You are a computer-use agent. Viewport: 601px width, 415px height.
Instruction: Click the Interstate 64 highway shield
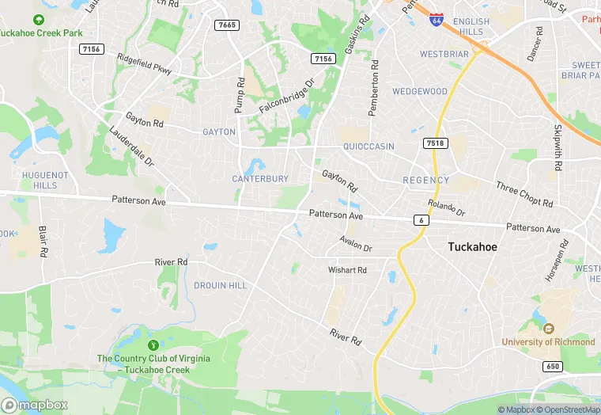(436, 19)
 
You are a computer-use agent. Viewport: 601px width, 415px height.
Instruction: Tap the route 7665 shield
(226, 25)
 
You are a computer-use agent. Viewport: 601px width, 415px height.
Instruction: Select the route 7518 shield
(435, 143)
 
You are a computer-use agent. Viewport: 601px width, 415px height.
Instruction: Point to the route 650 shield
(553, 366)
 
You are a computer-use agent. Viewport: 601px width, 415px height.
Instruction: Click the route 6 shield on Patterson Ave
(421, 219)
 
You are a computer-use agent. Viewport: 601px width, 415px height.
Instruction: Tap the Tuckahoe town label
(473, 247)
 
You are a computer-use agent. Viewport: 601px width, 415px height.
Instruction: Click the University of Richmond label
(548, 341)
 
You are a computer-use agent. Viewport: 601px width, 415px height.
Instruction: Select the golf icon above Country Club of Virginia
(153, 345)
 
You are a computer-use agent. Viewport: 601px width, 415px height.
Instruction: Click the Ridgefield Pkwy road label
(144, 64)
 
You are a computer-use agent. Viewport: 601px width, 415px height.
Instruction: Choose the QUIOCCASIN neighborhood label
(369, 147)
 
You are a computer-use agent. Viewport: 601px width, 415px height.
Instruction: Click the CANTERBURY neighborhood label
(260, 179)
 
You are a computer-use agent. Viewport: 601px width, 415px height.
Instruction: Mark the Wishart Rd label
(348, 270)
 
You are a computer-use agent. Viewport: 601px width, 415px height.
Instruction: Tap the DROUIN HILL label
(221, 285)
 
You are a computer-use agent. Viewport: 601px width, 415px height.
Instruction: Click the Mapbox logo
(34, 405)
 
